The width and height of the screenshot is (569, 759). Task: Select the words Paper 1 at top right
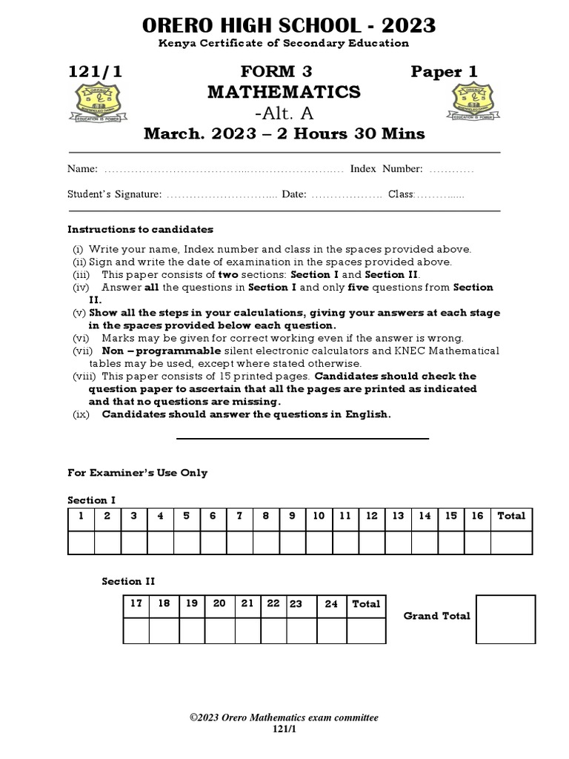pos(445,72)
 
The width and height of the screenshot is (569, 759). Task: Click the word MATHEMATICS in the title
pos(284,92)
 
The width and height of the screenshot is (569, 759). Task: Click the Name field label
pos(82,169)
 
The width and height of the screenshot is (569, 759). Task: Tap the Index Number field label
pos(386,169)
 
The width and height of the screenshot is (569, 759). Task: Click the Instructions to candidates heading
pos(140,229)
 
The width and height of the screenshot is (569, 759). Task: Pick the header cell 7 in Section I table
pos(239,516)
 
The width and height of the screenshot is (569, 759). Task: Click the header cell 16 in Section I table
pos(477,516)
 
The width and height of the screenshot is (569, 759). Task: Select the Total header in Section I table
pos(511,516)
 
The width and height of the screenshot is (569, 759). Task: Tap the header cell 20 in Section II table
pos(219,603)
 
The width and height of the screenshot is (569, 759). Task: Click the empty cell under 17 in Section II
pos(136,630)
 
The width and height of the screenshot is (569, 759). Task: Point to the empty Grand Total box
pos(505,619)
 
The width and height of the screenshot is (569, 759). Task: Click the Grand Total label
pos(436,616)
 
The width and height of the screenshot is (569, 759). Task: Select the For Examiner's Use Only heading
pos(138,473)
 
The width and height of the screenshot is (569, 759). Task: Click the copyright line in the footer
pos(284,717)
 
